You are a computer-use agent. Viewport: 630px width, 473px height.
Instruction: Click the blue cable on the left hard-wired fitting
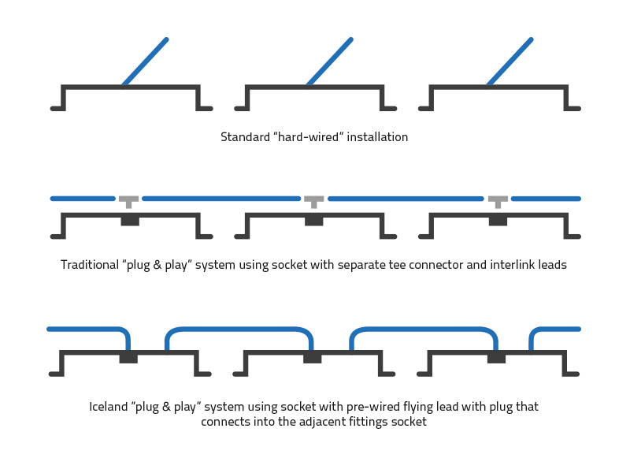click(146, 61)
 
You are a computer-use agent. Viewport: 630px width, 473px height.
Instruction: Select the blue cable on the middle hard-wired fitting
click(329, 61)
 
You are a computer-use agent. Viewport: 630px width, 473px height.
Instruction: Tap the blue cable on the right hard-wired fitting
click(510, 61)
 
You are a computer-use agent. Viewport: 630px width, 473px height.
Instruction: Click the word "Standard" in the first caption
click(245, 137)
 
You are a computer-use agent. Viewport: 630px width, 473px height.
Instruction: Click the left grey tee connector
click(128, 200)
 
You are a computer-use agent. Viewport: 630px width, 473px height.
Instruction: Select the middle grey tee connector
click(313, 200)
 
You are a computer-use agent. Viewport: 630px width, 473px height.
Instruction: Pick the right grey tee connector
click(498, 200)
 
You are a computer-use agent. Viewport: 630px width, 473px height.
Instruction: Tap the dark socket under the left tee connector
click(130, 220)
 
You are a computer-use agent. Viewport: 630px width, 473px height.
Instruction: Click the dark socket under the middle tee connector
click(313, 220)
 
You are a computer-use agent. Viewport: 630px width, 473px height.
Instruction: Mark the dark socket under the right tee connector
click(498, 220)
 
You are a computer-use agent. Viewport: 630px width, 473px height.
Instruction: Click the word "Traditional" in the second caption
click(88, 265)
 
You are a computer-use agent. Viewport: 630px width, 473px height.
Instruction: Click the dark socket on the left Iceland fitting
click(128, 358)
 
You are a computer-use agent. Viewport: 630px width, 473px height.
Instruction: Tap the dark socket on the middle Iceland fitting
click(313, 358)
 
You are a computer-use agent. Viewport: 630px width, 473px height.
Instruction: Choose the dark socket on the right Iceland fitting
click(496, 358)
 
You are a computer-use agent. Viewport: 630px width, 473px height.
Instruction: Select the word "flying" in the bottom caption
click(410, 408)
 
